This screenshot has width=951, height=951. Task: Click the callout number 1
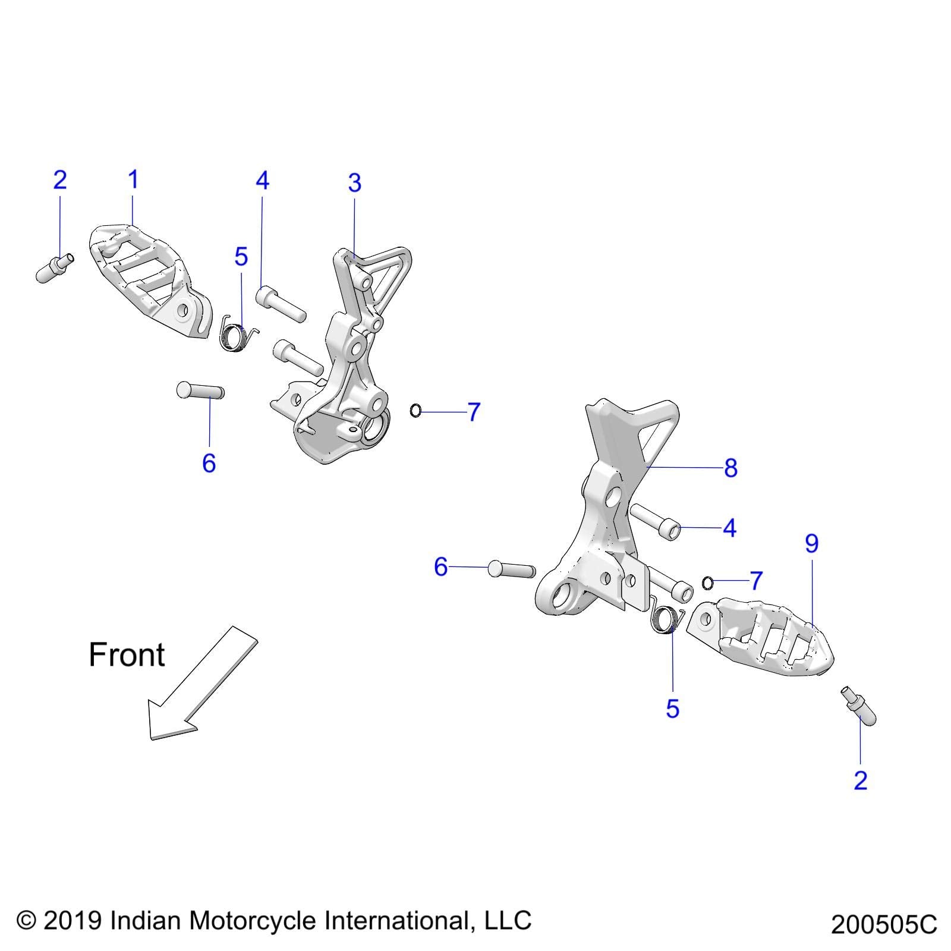(133, 180)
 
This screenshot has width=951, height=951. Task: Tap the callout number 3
(355, 183)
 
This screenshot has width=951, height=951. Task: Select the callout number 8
(731, 468)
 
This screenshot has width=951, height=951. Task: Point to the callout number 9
(812, 543)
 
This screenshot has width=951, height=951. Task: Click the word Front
(127, 655)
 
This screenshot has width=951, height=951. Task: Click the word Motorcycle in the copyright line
(253, 921)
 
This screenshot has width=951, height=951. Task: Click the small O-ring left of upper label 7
(416, 410)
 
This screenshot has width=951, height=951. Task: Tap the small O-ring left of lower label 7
(707, 583)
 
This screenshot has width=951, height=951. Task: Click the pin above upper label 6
(200, 391)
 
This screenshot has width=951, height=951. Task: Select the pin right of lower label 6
(511, 569)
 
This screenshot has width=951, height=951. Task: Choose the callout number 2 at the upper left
(60, 180)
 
